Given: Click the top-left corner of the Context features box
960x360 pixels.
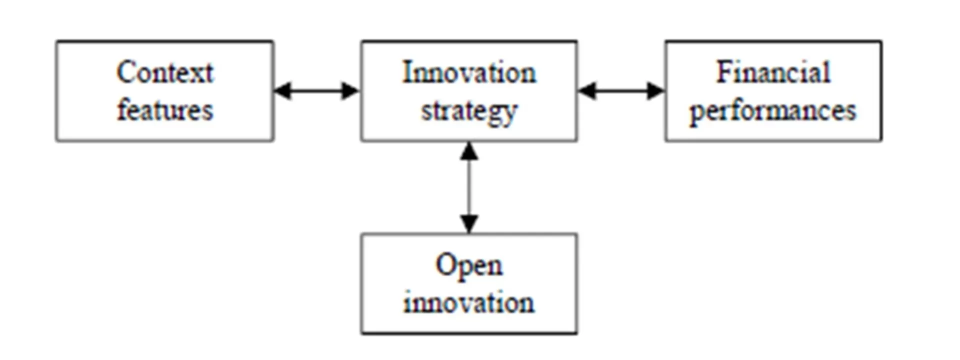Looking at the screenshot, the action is (x=57, y=41).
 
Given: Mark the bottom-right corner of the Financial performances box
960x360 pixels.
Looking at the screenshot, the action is (x=881, y=140).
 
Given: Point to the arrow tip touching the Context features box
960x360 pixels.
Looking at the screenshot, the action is (x=274, y=91).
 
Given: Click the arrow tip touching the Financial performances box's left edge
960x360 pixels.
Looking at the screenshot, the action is (x=664, y=91).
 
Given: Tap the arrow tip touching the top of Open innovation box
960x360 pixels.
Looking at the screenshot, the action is (x=469, y=233).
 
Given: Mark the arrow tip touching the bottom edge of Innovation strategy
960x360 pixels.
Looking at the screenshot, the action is (x=469, y=142).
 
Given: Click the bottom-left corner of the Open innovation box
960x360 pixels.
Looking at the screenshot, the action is (x=362, y=333).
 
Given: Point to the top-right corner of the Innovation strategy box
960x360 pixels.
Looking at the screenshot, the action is (x=576, y=41).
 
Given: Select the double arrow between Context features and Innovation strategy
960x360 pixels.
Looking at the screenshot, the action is (x=317, y=91).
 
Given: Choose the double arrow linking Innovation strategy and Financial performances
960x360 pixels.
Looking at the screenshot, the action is (x=621, y=91).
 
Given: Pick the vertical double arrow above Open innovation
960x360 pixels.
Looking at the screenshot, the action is (x=469, y=187).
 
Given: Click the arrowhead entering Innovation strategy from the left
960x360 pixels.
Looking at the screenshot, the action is (x=351, y=91).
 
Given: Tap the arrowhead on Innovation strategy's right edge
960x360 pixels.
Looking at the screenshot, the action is (x=587, y=91).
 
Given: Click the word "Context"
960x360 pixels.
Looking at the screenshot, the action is (x=165, y=72).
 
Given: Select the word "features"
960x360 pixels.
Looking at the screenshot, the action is (x=165, y=109).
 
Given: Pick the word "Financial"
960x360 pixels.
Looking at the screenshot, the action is (x=773, y=72).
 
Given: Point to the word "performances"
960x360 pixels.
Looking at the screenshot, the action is (x=773, y=111).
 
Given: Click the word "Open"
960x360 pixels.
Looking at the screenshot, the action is (x=469, y=266).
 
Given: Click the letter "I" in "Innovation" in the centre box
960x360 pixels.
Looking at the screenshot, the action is (x=408, y=72).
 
